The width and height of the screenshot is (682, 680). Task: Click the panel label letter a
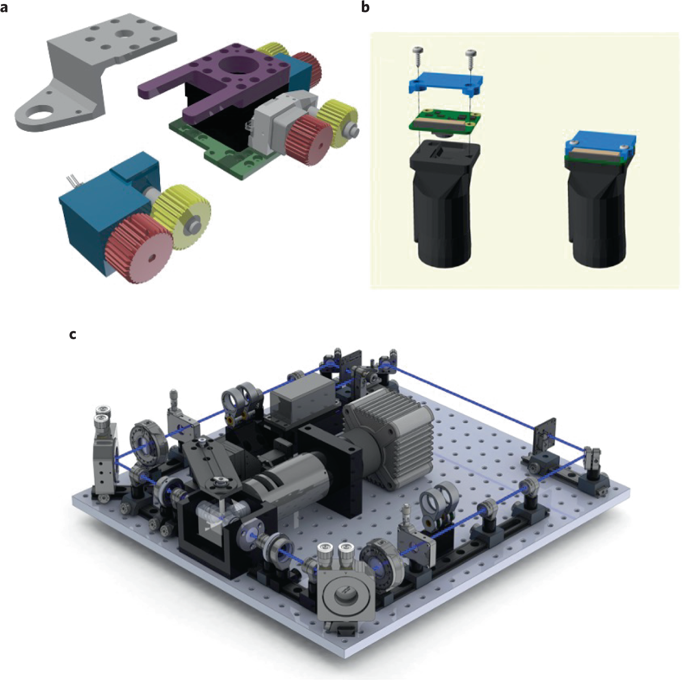[4, 7]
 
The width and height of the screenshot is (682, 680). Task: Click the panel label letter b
[365, 7]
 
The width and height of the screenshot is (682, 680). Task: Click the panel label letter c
[73, 335]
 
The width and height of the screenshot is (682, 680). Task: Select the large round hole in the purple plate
[235, 64]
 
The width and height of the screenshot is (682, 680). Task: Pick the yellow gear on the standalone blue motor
[181, 216]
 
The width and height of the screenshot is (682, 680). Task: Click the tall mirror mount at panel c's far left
[105, 456]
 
